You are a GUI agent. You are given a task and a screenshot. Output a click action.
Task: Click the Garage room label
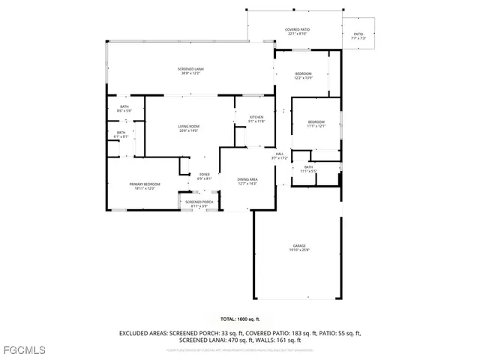(x=299, y=245)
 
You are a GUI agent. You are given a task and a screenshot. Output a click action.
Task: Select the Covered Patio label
(x=298, y=29)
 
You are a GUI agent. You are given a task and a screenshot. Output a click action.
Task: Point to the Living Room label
(x=188, y=126)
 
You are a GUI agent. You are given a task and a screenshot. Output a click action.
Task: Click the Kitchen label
(x=256, y=118)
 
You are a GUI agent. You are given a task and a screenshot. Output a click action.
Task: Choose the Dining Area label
(x=247, y=179)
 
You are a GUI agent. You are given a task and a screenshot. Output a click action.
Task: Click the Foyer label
(x=204, y=175)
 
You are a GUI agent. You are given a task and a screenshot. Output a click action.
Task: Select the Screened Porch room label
(x=199, y=202)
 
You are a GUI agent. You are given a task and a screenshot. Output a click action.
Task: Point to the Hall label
(x=279, y=154)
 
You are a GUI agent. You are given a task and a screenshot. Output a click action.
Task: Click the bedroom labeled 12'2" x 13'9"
(x=302, y=73)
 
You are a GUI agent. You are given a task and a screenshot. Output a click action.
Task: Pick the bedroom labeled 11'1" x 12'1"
(x=316, y=121)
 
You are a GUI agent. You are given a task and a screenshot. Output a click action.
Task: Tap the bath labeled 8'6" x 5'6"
(x=124, y=107)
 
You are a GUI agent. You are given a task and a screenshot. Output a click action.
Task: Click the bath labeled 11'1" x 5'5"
(x=308, y=166)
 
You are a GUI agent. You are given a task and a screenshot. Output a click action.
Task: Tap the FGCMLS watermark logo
(x=24, y=350)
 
